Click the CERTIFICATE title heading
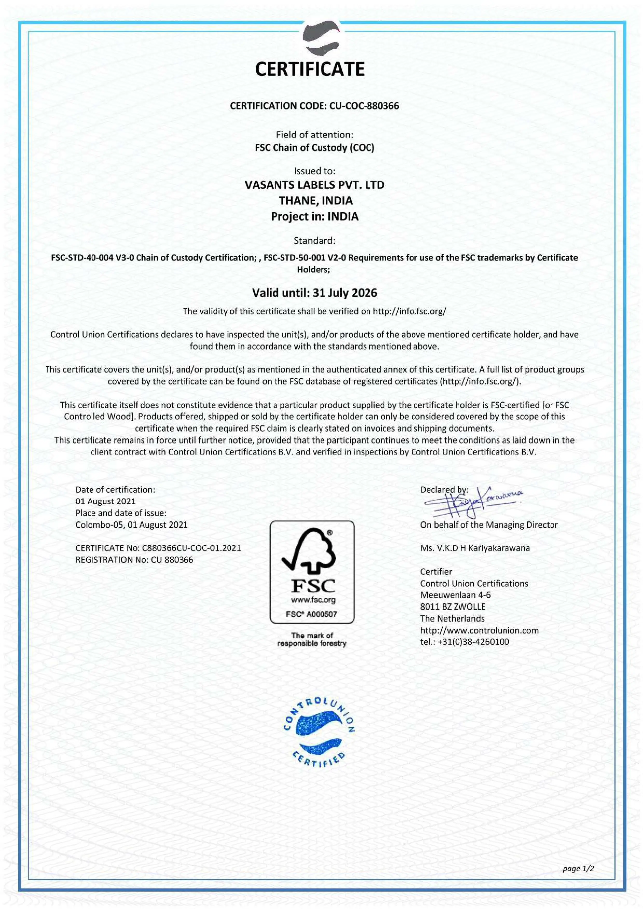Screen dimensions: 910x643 [x=309, y=69]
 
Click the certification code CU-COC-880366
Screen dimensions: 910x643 [x=364, y=106]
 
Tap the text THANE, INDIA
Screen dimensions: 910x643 [x=315, y=201]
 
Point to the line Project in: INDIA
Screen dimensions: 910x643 [x=315, y=216]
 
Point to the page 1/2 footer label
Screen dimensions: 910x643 [x=578, y=869]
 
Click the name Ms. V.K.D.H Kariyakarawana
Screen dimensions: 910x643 [x=475, y=548]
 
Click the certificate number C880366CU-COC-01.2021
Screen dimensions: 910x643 [x=191, y=548]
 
